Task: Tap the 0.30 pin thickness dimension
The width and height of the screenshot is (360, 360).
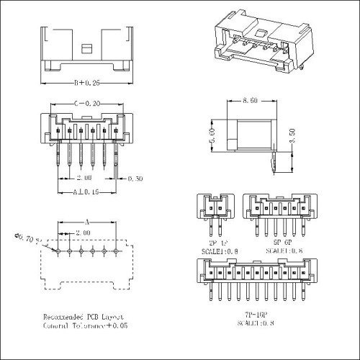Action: click(134, 179)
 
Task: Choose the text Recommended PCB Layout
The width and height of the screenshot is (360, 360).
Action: click(84, 317)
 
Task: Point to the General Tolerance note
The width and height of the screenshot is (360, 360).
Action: click(84, 325)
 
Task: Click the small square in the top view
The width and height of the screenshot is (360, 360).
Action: click(87, 48)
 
